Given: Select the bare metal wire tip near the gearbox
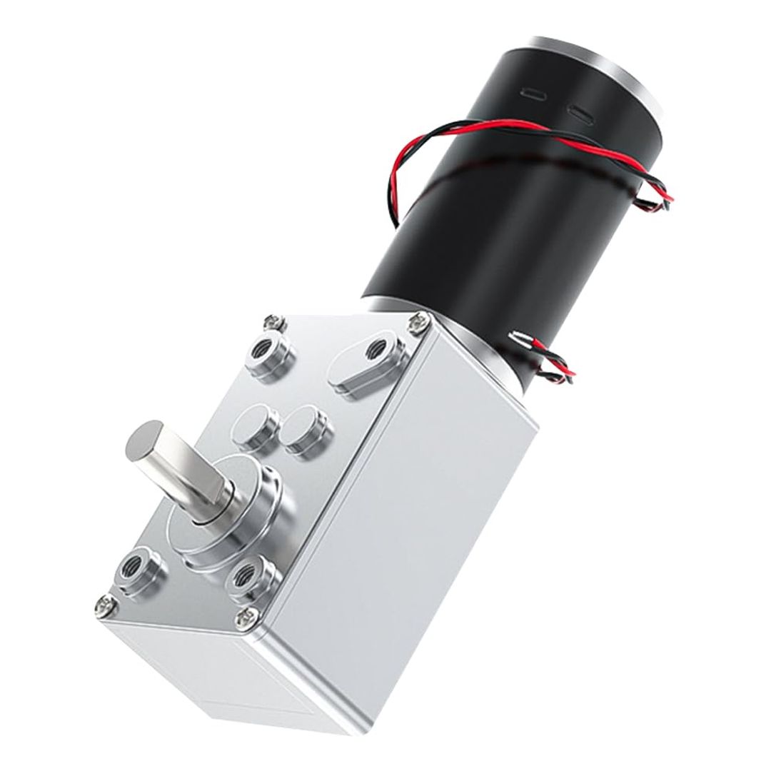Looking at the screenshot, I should tap(520, 334).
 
